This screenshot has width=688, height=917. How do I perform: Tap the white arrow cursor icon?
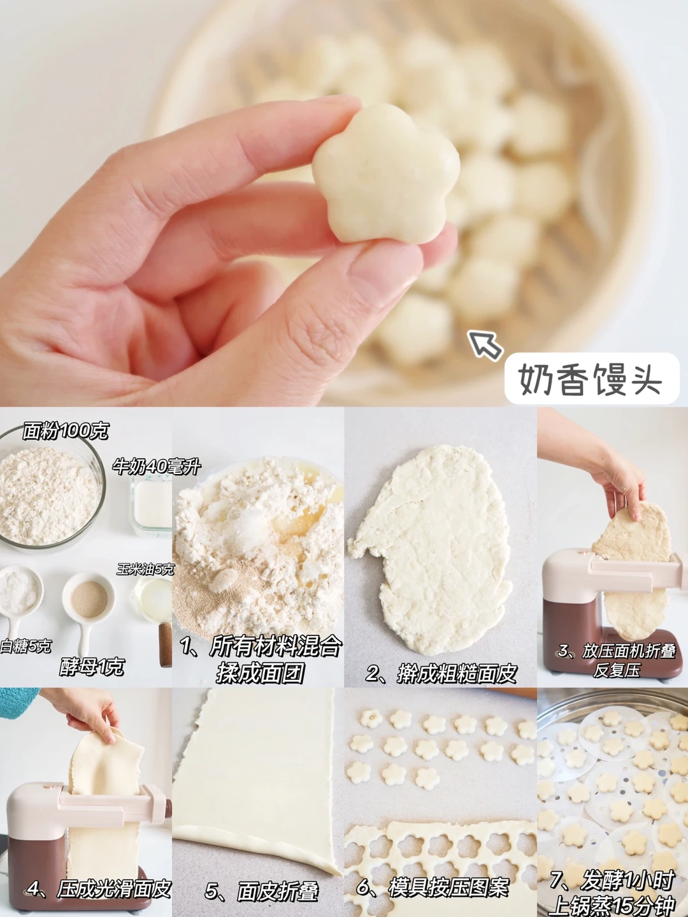point(485,344)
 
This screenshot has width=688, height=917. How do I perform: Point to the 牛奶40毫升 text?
point(157,466)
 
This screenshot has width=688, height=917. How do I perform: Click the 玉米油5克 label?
point(145,570)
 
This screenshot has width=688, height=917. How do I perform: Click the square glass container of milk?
point(151,507)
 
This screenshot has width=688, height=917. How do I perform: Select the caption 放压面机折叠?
point(628,652)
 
